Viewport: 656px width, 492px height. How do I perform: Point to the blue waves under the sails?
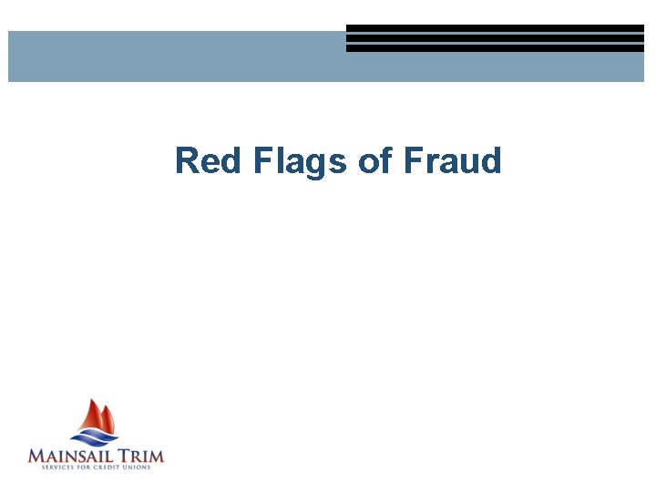pyautogui.click(x=97, y=439)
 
